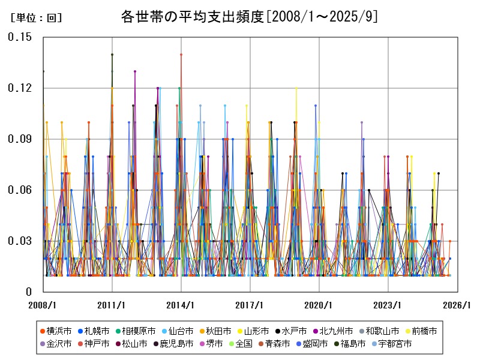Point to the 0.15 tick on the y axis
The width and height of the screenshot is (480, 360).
[20, 37]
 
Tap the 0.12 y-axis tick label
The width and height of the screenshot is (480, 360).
[20, 88]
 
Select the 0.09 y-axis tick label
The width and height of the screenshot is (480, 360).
[20, 139]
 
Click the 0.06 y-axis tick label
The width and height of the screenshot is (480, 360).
[20, 190]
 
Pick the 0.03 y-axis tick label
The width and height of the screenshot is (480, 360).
[20, 241]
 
